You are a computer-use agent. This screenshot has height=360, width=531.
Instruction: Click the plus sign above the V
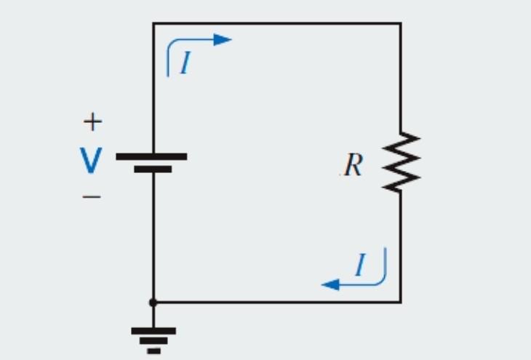92,122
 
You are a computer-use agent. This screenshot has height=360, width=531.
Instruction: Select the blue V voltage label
91,161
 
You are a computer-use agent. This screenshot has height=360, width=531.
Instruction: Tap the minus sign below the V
92,196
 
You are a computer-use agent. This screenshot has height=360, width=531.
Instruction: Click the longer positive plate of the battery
151,156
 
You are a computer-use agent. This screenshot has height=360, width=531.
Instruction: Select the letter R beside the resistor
353,166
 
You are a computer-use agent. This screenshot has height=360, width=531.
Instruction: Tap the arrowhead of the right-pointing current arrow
223,39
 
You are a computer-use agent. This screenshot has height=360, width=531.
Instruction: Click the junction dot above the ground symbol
153,301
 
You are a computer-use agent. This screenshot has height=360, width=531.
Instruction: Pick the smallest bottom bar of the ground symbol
153,351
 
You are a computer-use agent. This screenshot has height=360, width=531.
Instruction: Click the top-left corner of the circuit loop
153,23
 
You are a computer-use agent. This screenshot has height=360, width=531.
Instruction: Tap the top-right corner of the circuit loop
400,23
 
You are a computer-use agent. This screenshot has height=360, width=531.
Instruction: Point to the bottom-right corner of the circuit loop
400,301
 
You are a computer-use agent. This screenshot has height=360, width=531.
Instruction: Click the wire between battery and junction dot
153,233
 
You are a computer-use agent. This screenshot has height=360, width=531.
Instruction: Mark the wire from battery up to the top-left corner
153,87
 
